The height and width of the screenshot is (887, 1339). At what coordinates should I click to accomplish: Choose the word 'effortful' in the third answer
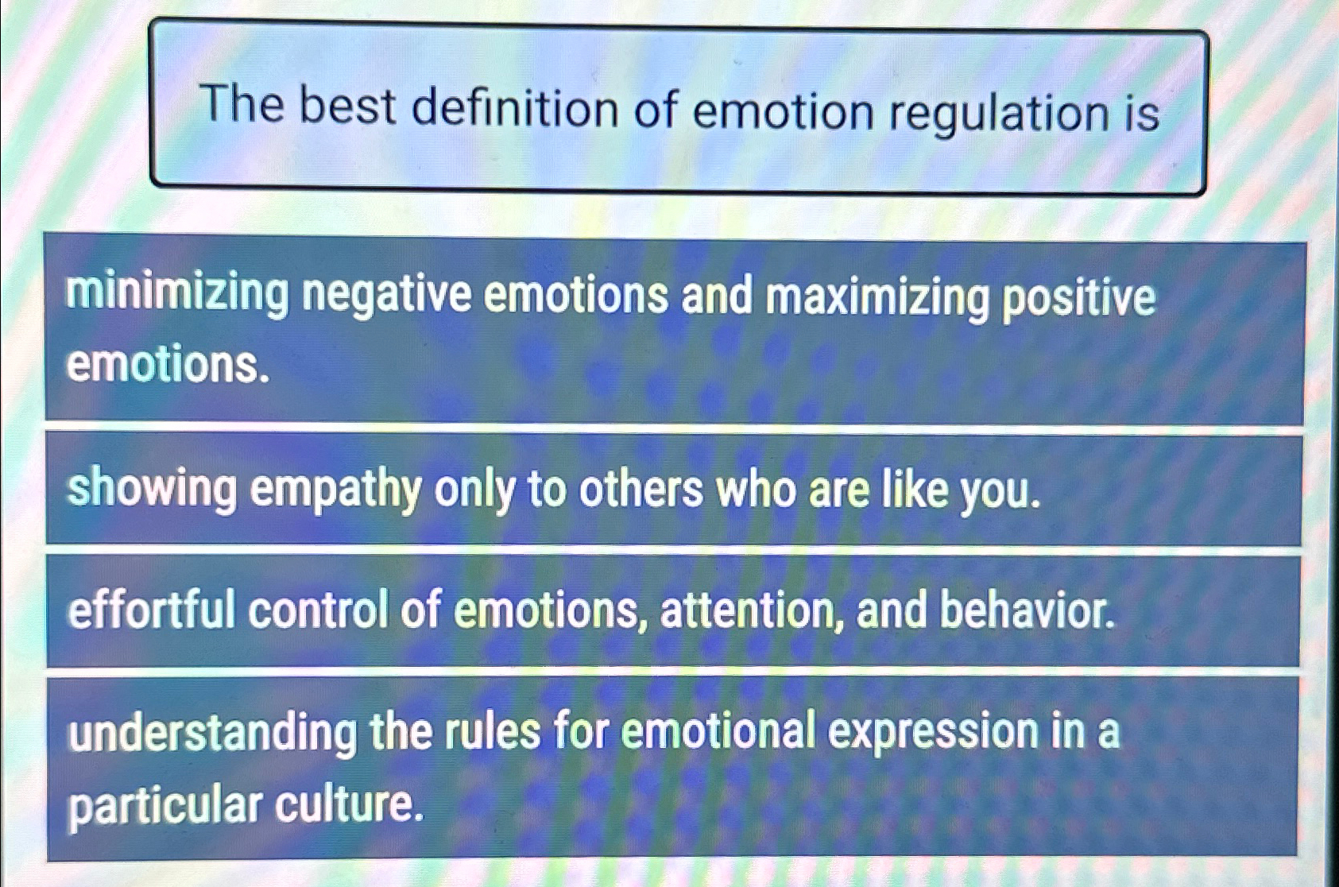pos(152,610)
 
